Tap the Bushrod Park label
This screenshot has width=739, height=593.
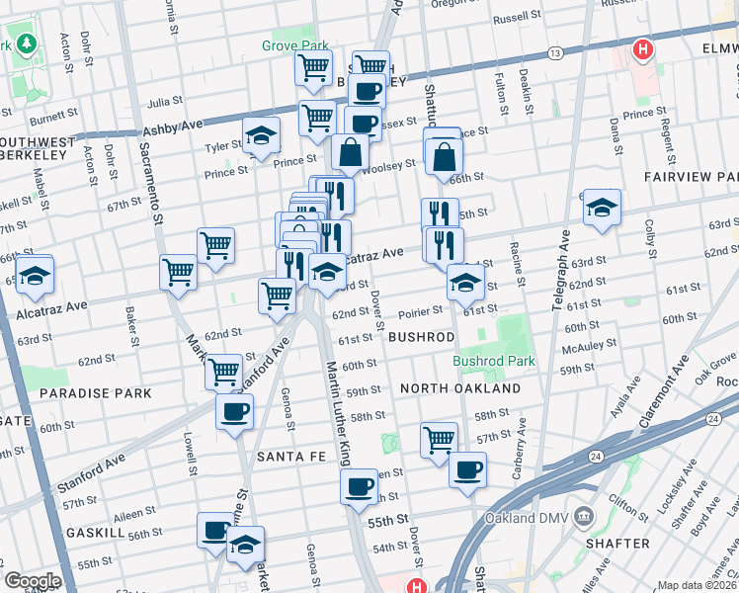point(494,362)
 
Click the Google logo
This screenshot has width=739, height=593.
point(32,581)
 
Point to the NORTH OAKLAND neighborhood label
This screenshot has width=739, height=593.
point(460,389)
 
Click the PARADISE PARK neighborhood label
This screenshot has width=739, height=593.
point(96,393)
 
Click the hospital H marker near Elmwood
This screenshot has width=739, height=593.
point(644,48)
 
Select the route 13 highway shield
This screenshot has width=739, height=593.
point(556,52)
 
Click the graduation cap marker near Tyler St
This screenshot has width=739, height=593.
point(260,136)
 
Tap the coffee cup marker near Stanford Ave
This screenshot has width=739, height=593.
point(234,412)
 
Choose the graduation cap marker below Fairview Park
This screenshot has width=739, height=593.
point(601,208)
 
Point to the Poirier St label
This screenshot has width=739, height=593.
point(419,312)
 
